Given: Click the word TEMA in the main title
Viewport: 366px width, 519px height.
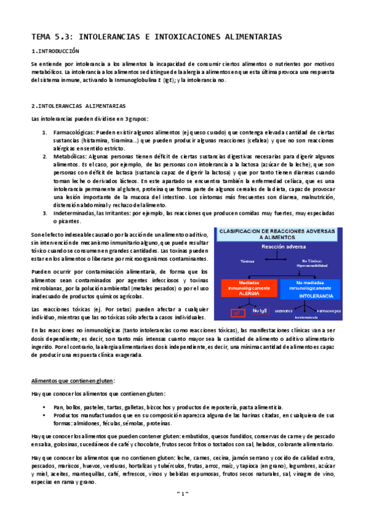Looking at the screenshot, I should click(43, 37).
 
